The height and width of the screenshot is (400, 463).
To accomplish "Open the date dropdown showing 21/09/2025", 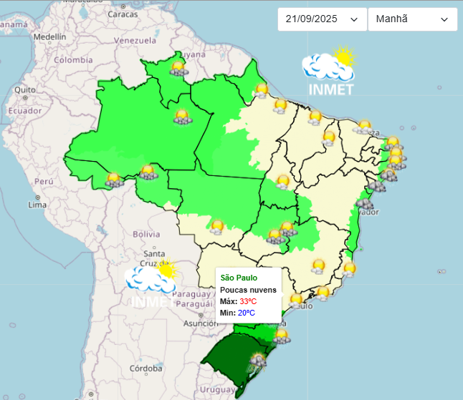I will [x=322, y=19].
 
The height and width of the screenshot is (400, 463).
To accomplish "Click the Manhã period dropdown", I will [x=412, y=19].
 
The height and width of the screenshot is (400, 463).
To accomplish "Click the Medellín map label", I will [x=49, y=36].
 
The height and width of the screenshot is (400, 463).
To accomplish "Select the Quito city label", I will [x=24, y=90].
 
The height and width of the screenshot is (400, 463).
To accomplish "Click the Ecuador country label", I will [x=25, y=111].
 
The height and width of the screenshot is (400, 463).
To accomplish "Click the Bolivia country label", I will [x=145, y=234].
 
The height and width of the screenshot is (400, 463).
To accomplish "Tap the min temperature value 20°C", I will [x=247, y=313].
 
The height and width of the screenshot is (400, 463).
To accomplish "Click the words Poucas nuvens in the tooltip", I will [x=248, y=289].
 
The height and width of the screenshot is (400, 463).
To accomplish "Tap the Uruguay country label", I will [x=217, y=389].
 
